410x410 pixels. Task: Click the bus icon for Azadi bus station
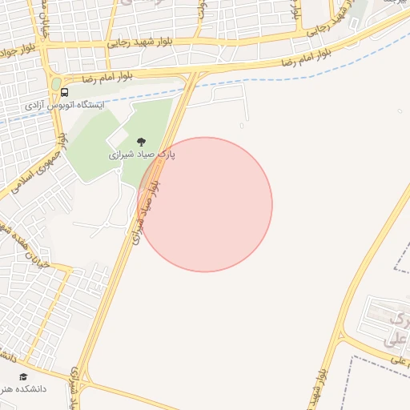[54, 93]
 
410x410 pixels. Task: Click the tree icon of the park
[142, 142]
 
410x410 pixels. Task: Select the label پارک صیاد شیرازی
[143, 152]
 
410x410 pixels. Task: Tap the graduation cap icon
[23, 376]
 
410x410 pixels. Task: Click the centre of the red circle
[205, 204]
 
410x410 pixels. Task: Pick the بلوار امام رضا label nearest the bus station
[111, 79]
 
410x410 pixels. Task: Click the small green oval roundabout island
[56, 83]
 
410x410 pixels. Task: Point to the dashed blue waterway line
[280, 85]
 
